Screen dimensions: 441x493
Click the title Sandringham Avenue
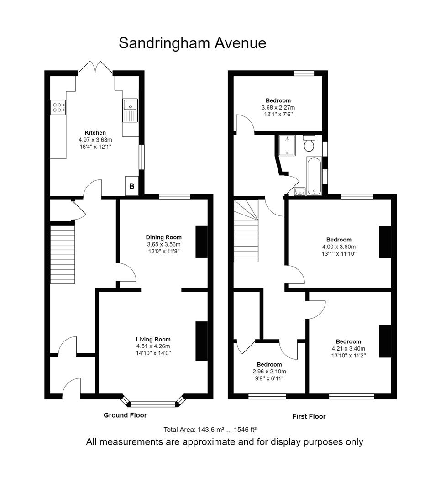tap(193, 43)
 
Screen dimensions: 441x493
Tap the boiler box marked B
tap(132, 186)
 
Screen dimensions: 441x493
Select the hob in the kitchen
tap(58, 107)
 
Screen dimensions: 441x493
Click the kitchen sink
tap(130, 110)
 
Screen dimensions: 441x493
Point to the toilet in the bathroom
tap(309, 143)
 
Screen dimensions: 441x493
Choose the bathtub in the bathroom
tap(314, 176)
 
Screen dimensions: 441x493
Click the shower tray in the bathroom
tap(287, 145)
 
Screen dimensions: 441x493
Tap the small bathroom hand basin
tap(300, 191)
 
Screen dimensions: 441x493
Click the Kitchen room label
tap(95, 133)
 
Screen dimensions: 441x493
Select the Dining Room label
tap(163, 237)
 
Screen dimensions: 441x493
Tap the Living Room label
tap(153, 339)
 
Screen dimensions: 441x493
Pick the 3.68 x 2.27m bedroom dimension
tap(278, 108)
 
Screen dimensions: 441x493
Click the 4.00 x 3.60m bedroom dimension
tap(339, 247)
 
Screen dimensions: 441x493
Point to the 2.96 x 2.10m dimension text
tap(269, 372)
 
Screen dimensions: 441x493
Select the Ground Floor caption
tap(125, 415)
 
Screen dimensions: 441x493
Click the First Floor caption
tap(309, 417)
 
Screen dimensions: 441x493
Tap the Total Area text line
tap(210, 430)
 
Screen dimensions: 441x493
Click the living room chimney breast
tap(202, 341)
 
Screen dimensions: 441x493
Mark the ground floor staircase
tap(63, 254)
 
